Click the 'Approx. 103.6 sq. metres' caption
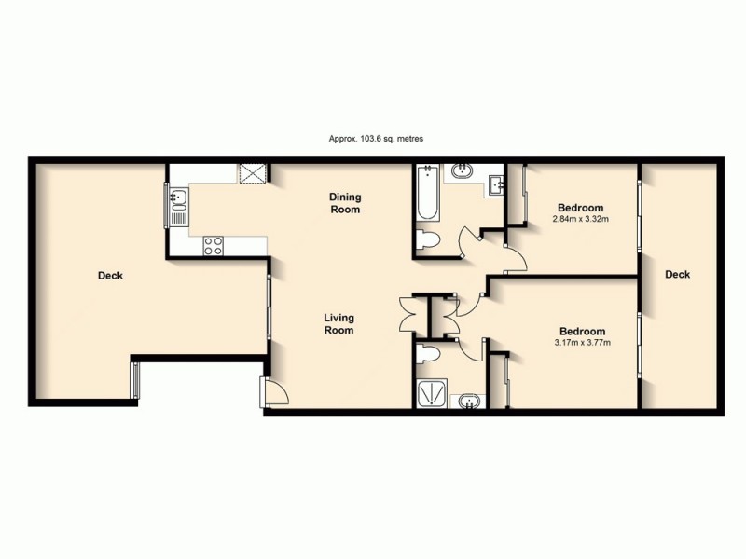(x=376, y=138)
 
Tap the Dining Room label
(x=345, y=203)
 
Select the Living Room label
(x=338, y=323)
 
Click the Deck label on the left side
(x=110, y=276)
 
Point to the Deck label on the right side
(x=677, y=274)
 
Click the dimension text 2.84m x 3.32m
(x=580, y=220)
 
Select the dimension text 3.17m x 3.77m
(x=582, y=343)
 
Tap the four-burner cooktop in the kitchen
(x=213, y=246)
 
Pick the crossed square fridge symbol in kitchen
(x=252, y=173)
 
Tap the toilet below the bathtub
(x=428, y=239)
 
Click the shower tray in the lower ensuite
(x=433, y=392)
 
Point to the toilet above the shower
(x=429, y=354)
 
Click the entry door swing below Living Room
(x=275, y=392)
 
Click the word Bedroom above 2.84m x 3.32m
(x=580, y=208)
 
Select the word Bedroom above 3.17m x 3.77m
(x=582, y=331)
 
